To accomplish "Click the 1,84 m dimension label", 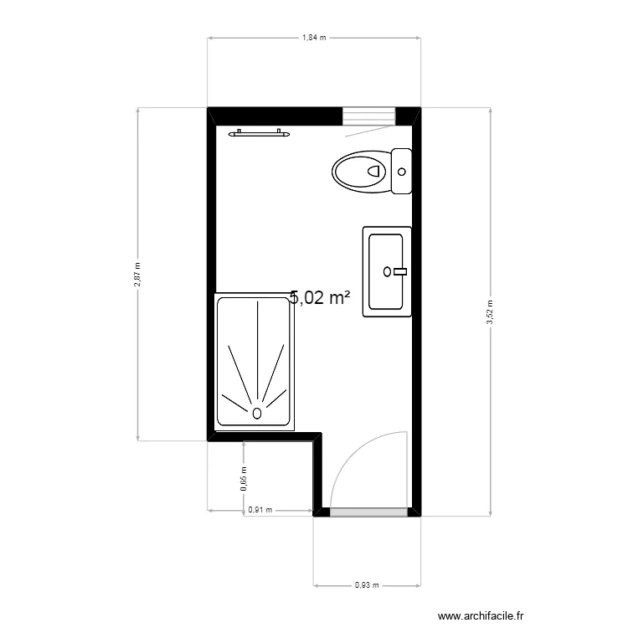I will click(x=314, y=38).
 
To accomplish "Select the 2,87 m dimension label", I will click(x=138, y=274).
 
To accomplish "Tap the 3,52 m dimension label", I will click(x=491, y=311).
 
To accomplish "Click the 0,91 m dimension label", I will click(x=260, y=508).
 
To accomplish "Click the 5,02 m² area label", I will click(x=319, y=298).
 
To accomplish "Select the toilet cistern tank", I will click(x=402, y=171).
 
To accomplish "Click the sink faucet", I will click(x=399, y=270).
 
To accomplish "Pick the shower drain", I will click(x=256, y=412).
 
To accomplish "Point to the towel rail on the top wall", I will click(x=260, y=132).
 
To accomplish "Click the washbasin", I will click(x=386, y=272).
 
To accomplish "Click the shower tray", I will click(x=255, y=362).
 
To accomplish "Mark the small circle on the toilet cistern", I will click(x=402, y=172).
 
